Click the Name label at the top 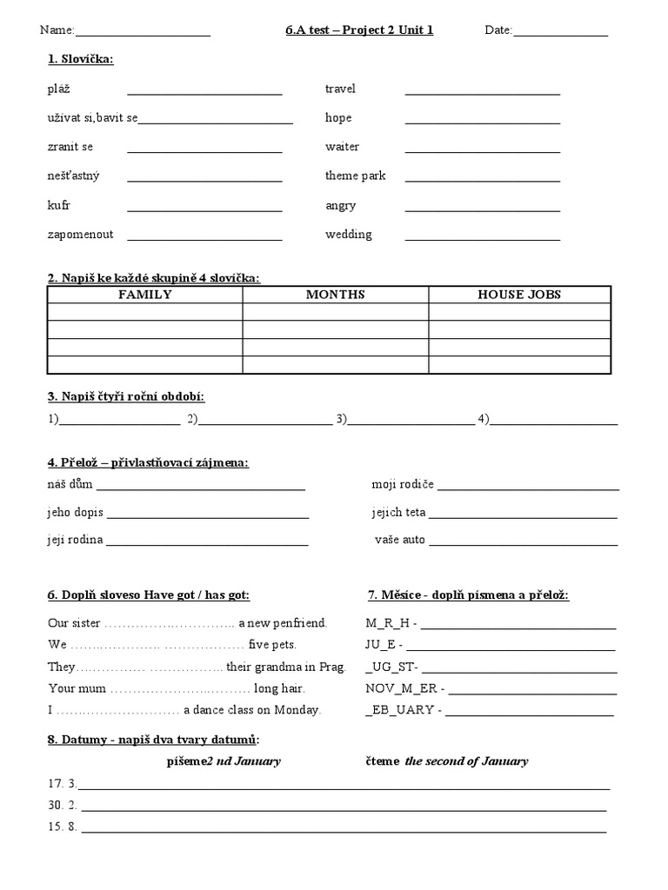57,30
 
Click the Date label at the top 498,30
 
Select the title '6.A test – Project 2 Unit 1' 359,30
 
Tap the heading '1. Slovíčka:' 80,59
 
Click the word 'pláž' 59,89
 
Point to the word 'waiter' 342,147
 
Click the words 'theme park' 355,176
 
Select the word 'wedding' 348,235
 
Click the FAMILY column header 144,295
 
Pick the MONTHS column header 335,295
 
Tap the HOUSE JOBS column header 519,295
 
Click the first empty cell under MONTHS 335,312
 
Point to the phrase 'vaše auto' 400,540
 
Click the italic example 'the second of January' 466,761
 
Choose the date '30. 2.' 63,805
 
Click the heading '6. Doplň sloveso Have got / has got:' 148,595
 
